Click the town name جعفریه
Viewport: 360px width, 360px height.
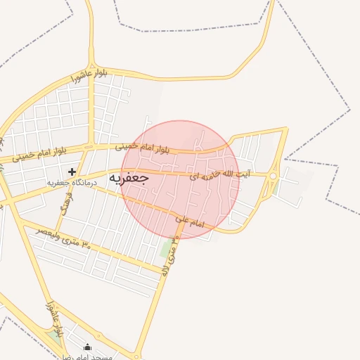pyautogui.click(x=129, y=179)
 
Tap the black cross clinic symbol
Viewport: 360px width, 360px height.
pyautogui.click(x=72, y=172)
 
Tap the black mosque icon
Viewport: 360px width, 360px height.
pyautogui.click(x=87, y=347)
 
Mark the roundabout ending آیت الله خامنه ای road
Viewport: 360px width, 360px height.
pyautogui.click(x=274, y=174)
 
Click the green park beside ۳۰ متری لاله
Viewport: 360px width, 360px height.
pyautogui.click(x=166, y=248)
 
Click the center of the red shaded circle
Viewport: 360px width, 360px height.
pyautogui.click(x=180, y=179)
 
